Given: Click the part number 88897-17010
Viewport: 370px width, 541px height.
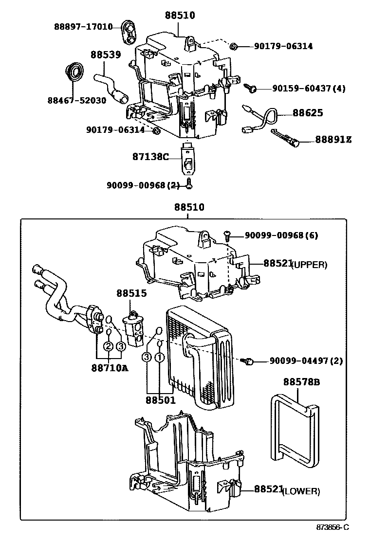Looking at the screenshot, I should pos(83,26).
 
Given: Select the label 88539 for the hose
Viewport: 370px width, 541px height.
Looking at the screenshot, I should pos(105,54).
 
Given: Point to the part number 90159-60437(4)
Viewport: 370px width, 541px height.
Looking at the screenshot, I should pos(309,89).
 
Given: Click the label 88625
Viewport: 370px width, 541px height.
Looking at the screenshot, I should pos(307,113).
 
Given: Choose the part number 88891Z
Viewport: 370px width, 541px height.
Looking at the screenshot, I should pos(333,140).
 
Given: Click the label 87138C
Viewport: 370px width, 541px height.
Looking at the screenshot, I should pos(150,157).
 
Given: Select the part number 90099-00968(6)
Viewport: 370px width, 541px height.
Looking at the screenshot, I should pos(281,235).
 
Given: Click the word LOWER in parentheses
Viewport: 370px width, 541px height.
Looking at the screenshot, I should pos(301,491).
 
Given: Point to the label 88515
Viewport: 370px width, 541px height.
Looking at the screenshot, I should pos(131,294).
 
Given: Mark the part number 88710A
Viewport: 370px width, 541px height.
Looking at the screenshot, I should pos(109,367).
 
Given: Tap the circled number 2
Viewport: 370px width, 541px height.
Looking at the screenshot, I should pos(108,346).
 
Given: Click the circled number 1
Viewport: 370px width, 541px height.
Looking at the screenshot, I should pos(159,358).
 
